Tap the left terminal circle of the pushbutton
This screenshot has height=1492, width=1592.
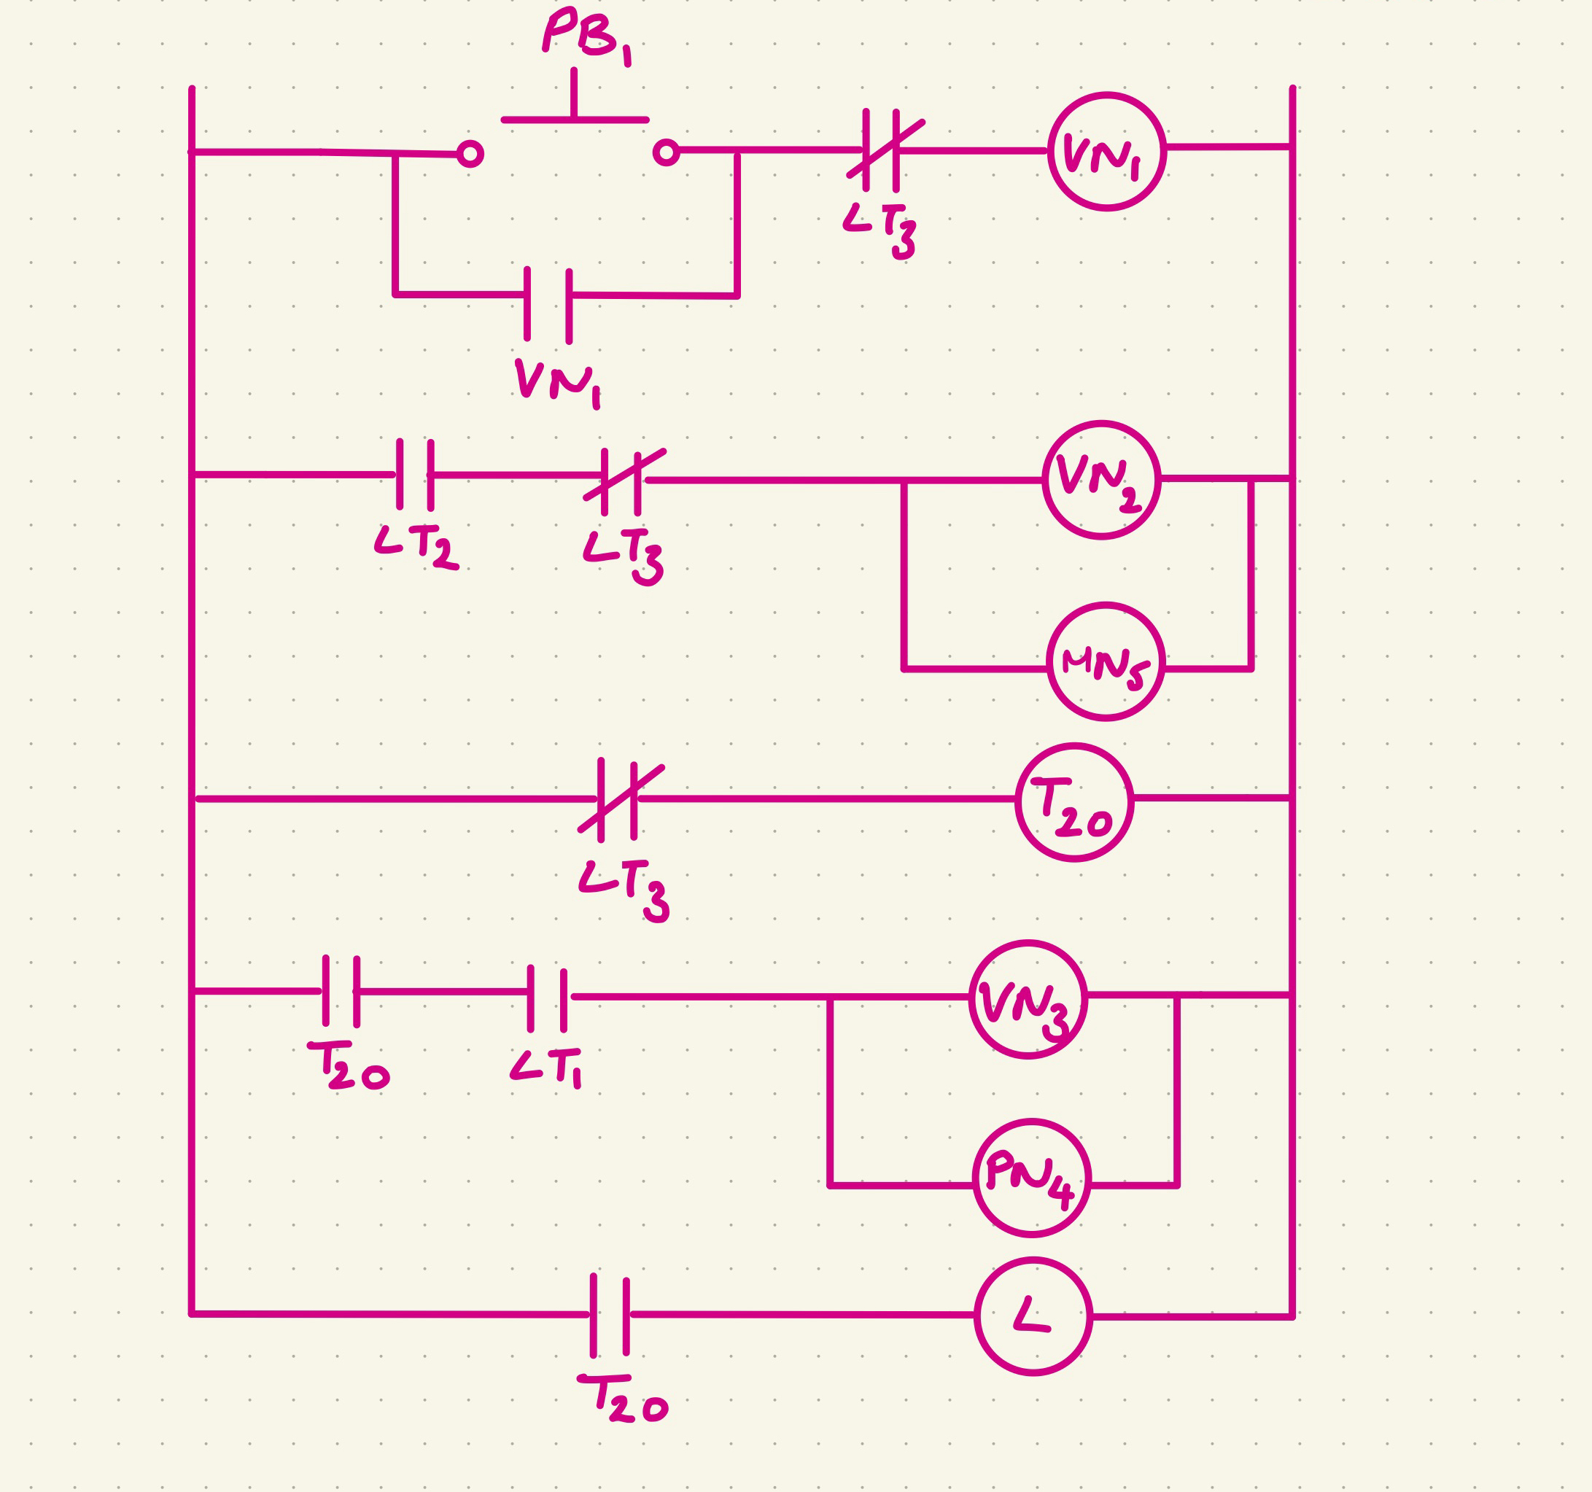(470, 154)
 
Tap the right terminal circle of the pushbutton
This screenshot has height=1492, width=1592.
(667, 152)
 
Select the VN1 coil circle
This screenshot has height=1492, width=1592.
(1107, 152)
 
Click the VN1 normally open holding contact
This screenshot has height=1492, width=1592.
(548, 305)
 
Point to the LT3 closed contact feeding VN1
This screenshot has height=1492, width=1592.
(882, 150)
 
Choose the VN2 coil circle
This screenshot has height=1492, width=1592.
(1101, 481)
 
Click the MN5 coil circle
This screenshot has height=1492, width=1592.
(1105, 662)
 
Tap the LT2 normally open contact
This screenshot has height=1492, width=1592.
(415, 475)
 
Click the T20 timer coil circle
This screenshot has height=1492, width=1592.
(1074, 802)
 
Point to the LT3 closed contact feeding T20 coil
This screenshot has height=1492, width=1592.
(618, 799)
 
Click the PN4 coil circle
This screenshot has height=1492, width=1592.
(1031, 1178)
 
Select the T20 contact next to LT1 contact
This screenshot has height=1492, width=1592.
(341, 991)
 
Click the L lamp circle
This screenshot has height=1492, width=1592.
(1033, 1316)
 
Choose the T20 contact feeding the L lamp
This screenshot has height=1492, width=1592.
(610, 1315)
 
